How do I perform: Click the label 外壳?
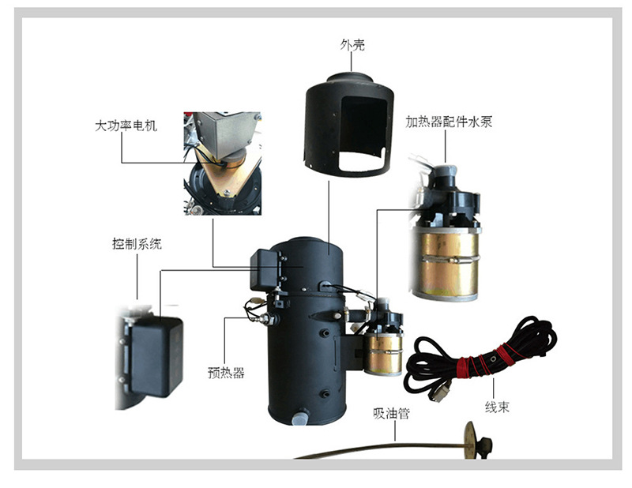coord(352,44)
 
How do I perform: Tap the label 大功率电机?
coord(126,126)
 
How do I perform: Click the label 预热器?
coord(227,373)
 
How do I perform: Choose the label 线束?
coord(496,408)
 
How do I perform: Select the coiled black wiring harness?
coord(482,355)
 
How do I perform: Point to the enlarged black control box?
coord(156,355)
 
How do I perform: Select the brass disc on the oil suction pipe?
coord(471,439)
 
